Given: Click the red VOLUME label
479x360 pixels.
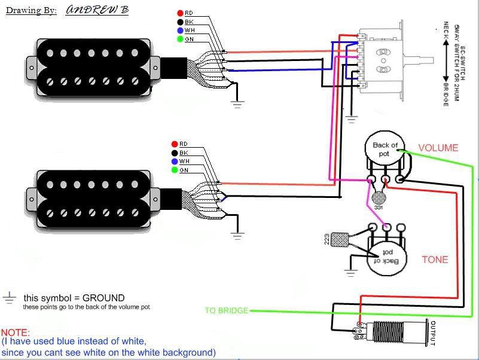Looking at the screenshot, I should [x=438, y=148].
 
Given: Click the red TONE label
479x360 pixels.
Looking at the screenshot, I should [x=435, y=260].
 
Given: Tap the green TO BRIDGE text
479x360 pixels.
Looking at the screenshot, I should [x=226, y=311].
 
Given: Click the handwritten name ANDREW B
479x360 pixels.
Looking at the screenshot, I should [x=97, y=10].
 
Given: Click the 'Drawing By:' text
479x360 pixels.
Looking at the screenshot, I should [x=31, y=11].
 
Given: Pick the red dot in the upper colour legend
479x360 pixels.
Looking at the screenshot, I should [x=180, y=13].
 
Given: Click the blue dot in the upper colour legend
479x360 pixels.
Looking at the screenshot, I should [x=180, y=30].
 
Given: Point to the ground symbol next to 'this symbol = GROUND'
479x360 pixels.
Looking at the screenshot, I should [x=9, y=297].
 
